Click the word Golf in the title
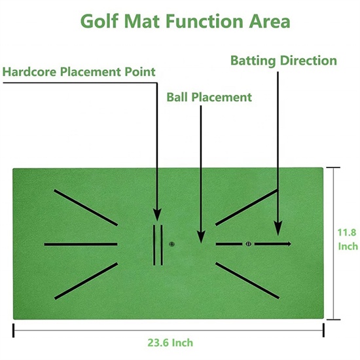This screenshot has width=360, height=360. pyautogui.click(x=99, y=22)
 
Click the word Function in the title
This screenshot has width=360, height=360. pyautogui.click(x=204, y=22)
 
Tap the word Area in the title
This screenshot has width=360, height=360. pyautogui.click(x=270, y=22)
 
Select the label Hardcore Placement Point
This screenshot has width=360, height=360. pyautogui.click(x=79, y=72)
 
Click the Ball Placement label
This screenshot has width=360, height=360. pyautogui.click(x=209, y=97)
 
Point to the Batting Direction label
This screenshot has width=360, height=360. pyautogui.click(x=283, y=61)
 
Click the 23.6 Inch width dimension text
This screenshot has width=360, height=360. pyautogui.click(x=170, y=343)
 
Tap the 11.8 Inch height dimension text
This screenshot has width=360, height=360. pyautogui.click(x=348, y=240)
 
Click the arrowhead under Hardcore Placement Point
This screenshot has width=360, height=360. pyautogui.click(x=157, y=215)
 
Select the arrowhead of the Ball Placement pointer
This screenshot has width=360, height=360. pyautogui.click(x=201, y=237)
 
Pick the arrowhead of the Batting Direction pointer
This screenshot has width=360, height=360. pyautogui.click(x=278, y=229)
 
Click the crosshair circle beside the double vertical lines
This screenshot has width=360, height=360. pyautogui.click(x=171, y=244)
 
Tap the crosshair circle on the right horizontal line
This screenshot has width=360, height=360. pyautogui.click(x=249, y=244)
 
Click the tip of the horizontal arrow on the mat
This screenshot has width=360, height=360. pyautogui.click(x=291, y=244)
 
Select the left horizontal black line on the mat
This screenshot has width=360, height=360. pyautogui.click(x=81, y=244)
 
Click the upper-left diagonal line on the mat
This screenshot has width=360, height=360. pyautogui.click(x=86, y=207)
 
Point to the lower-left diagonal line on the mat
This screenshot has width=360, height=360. pyautogui.click(x=86, y=281)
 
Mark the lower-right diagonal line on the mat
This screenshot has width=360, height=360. pyautogui.click(x=247, y=281)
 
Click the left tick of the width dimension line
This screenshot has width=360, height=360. pyautogui.click(x=14, y=331)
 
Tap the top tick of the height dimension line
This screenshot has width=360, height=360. pyautogui.click(x=333, y=168)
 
